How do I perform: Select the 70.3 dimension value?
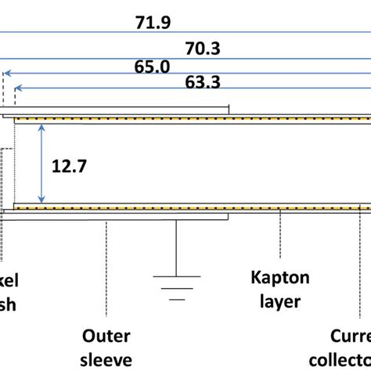tap(202, 49)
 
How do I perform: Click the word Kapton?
tap(280, 278)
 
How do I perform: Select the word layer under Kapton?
tap(279, 301)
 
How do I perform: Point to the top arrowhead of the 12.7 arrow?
tap(41, 125)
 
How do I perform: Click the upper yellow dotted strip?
tap(188, 120)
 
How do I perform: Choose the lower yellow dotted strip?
tap(188, 207)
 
